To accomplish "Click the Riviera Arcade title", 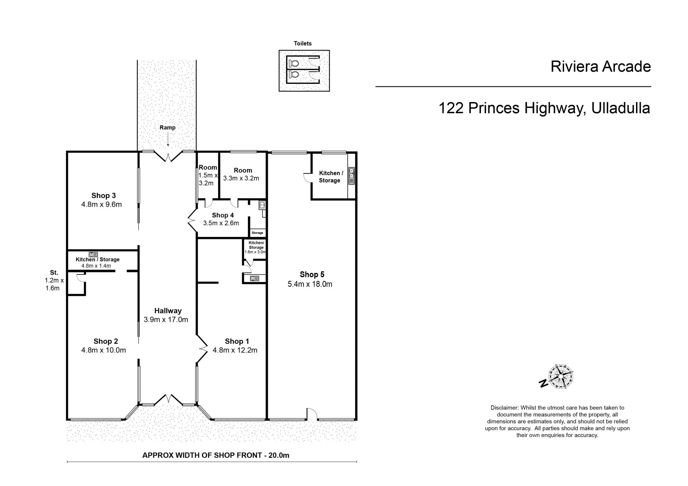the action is [601, 67].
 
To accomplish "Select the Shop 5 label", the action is [312, 274].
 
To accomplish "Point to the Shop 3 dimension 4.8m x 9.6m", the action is [101, 205].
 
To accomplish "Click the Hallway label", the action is [168, 311].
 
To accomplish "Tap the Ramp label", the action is [167, 127].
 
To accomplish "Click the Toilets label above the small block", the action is [303, 43].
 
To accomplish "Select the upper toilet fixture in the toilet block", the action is [293, 63].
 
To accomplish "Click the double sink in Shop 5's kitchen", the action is [352, 176].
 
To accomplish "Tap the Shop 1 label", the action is [237, 341].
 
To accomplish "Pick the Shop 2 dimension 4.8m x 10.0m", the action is [104, 350].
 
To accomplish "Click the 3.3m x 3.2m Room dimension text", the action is [241, 178].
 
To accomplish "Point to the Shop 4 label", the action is [223, 215].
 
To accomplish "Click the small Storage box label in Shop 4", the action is [257, 233].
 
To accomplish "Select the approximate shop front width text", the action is [216, 456].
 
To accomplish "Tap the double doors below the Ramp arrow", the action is [168, 156].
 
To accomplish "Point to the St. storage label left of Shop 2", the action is [54, 273].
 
